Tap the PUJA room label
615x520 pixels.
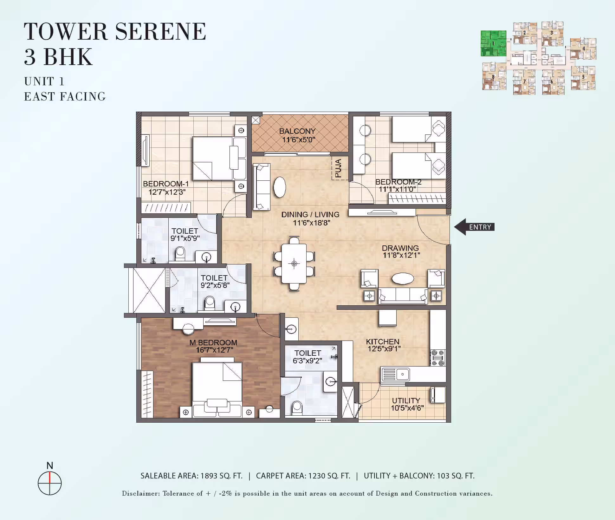[x=338, y=168]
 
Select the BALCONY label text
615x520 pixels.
[x=297, y=131]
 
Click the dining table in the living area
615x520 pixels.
[x=294, y=263]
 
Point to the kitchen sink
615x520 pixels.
[x=396, y=374]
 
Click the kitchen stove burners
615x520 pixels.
[x=438, y=358]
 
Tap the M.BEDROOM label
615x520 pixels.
[x=213, y=342]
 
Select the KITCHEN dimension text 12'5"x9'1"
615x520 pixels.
[x=384, y=349]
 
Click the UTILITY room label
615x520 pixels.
[x=406, y=400]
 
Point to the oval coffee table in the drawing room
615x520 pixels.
[x=403, y=278]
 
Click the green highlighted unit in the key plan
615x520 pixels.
[x=493, y=43]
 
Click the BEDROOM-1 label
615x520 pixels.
[x=166, y=184]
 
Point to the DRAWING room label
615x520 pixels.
[x=400, y=248]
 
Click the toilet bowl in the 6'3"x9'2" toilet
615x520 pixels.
[x=297, y=408]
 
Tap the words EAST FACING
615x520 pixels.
[x=65, y=96]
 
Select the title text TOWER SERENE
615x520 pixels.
[x=115, y=31]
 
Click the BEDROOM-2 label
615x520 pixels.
[x=398, y=182]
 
